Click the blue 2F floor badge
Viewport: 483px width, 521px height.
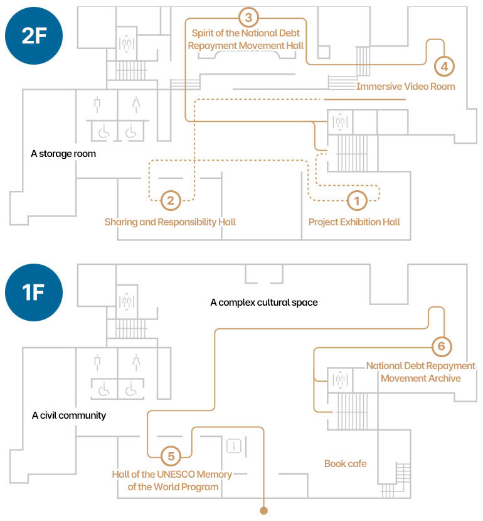coord(34,36)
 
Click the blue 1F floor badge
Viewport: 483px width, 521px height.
coord(34,293)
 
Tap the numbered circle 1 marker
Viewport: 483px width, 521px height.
coord(357,201)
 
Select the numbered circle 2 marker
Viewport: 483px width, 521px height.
coord(171,200)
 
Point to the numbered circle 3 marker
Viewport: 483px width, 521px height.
coord(248,18)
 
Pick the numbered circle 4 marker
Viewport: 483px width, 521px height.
coord(444,67)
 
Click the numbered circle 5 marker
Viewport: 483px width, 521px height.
coord(171,456)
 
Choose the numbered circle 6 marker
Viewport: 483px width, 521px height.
coord(442,346)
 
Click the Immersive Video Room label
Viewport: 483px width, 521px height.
coord(406,87)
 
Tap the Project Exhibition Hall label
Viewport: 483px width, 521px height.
coord(354,222)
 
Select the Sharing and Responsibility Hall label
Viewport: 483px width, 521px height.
coord(170,222)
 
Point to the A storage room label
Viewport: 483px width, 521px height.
coord(63,154)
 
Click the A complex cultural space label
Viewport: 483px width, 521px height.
coord(264,303)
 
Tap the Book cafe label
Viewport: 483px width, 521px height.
coord(346,463)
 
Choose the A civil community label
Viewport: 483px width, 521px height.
coord(69,416)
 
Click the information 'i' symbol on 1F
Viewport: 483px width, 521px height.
coord(234,446)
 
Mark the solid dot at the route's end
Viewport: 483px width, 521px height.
coord(263,511)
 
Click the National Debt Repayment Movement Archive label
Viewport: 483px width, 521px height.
coord(421,372)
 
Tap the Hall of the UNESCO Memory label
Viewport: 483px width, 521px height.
coord(172,474)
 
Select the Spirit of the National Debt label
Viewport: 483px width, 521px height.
coord(246,33)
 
